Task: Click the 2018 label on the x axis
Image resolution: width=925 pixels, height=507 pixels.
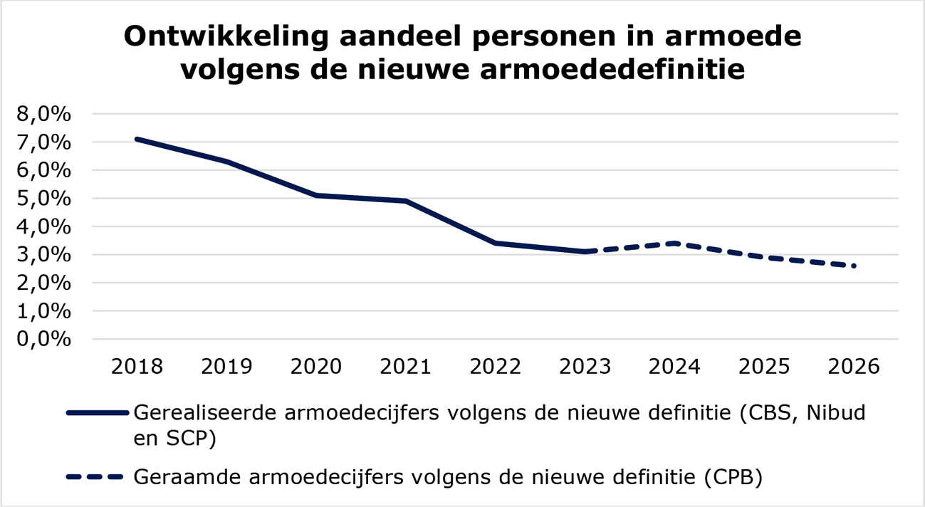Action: click(137, 367)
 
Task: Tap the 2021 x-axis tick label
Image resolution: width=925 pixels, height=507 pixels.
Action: click(406, 367)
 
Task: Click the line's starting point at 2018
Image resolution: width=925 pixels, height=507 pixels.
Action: click(137, 139)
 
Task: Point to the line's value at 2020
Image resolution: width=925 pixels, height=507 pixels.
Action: click(316, 195)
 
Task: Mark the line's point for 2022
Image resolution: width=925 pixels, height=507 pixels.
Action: click(496, 243)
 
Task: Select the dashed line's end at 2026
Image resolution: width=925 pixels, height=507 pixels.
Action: click(853, 266)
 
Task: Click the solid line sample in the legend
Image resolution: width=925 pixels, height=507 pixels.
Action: click(97, 413)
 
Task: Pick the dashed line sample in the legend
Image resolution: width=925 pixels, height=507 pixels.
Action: click(97, 477)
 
